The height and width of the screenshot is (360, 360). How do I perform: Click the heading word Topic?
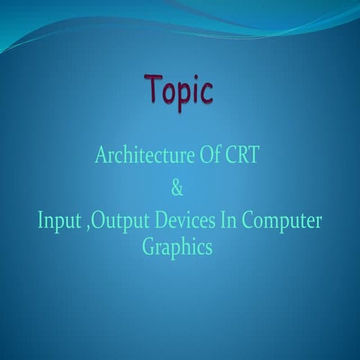pyautogui.click(x=179, y=91)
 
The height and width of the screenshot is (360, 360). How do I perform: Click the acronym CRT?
pyautogui.click(x=244, y=156)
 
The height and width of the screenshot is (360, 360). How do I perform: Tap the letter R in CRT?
pyautogui.click(x=244, y=156)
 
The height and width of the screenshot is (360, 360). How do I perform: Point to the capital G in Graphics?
pyautogui.click(x=149, y=247)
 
